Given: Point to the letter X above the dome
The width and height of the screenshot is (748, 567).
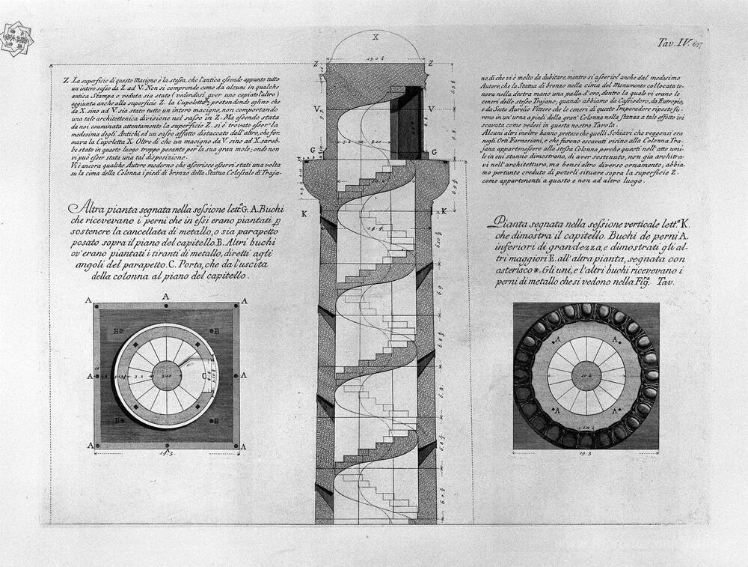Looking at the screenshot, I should point(375,36).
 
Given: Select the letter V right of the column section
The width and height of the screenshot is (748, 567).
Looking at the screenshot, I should point(434,109).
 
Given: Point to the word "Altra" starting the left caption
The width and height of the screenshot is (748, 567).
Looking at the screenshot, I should point(82,207).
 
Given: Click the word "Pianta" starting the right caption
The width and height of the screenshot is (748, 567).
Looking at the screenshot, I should point(509,222).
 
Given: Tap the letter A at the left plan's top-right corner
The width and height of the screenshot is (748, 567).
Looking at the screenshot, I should point(242,300).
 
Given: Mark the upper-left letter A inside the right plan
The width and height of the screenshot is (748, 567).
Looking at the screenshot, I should point(557,339).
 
